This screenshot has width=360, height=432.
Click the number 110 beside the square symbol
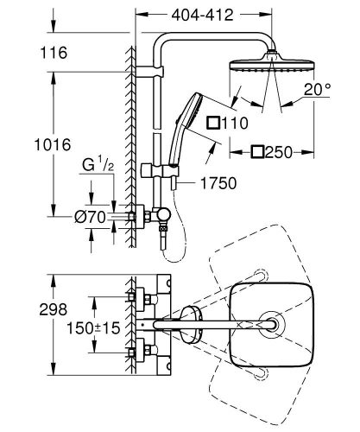pyautogui.click(x=228, y=124)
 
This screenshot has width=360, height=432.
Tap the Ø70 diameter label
pyautogui.click(x=88, y=217)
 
